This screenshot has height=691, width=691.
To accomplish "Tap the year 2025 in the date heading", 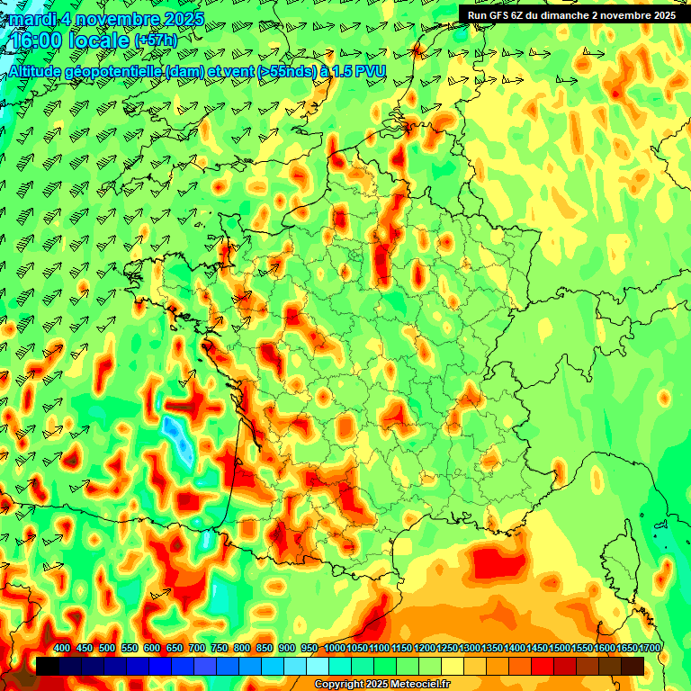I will coord(180,18).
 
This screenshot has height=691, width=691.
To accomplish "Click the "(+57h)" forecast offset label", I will coord(155,41).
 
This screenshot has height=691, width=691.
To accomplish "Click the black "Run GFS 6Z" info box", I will coord(571,14).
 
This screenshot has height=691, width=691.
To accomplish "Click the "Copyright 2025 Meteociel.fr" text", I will coord(381,685).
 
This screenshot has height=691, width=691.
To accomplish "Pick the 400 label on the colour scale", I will coord(62,649).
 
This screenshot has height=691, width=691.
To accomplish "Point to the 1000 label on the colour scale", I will coord(335,649).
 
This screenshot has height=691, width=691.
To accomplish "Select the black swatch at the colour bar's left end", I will coord(48,666).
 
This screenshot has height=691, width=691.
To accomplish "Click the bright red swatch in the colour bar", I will coord(543,666).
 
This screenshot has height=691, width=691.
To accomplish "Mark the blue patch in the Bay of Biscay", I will coord(177,437).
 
